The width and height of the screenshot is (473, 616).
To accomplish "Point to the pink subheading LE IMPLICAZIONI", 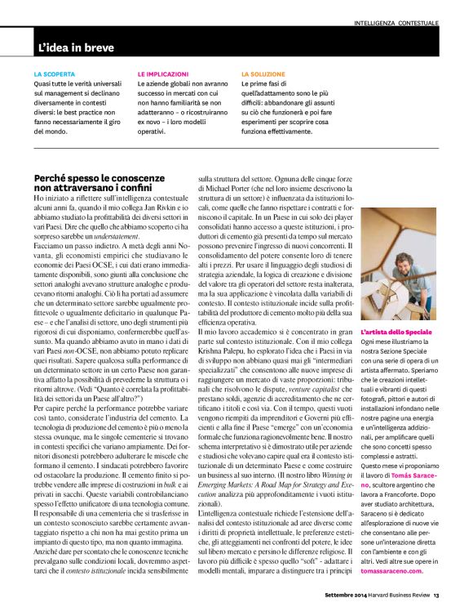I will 161,73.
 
